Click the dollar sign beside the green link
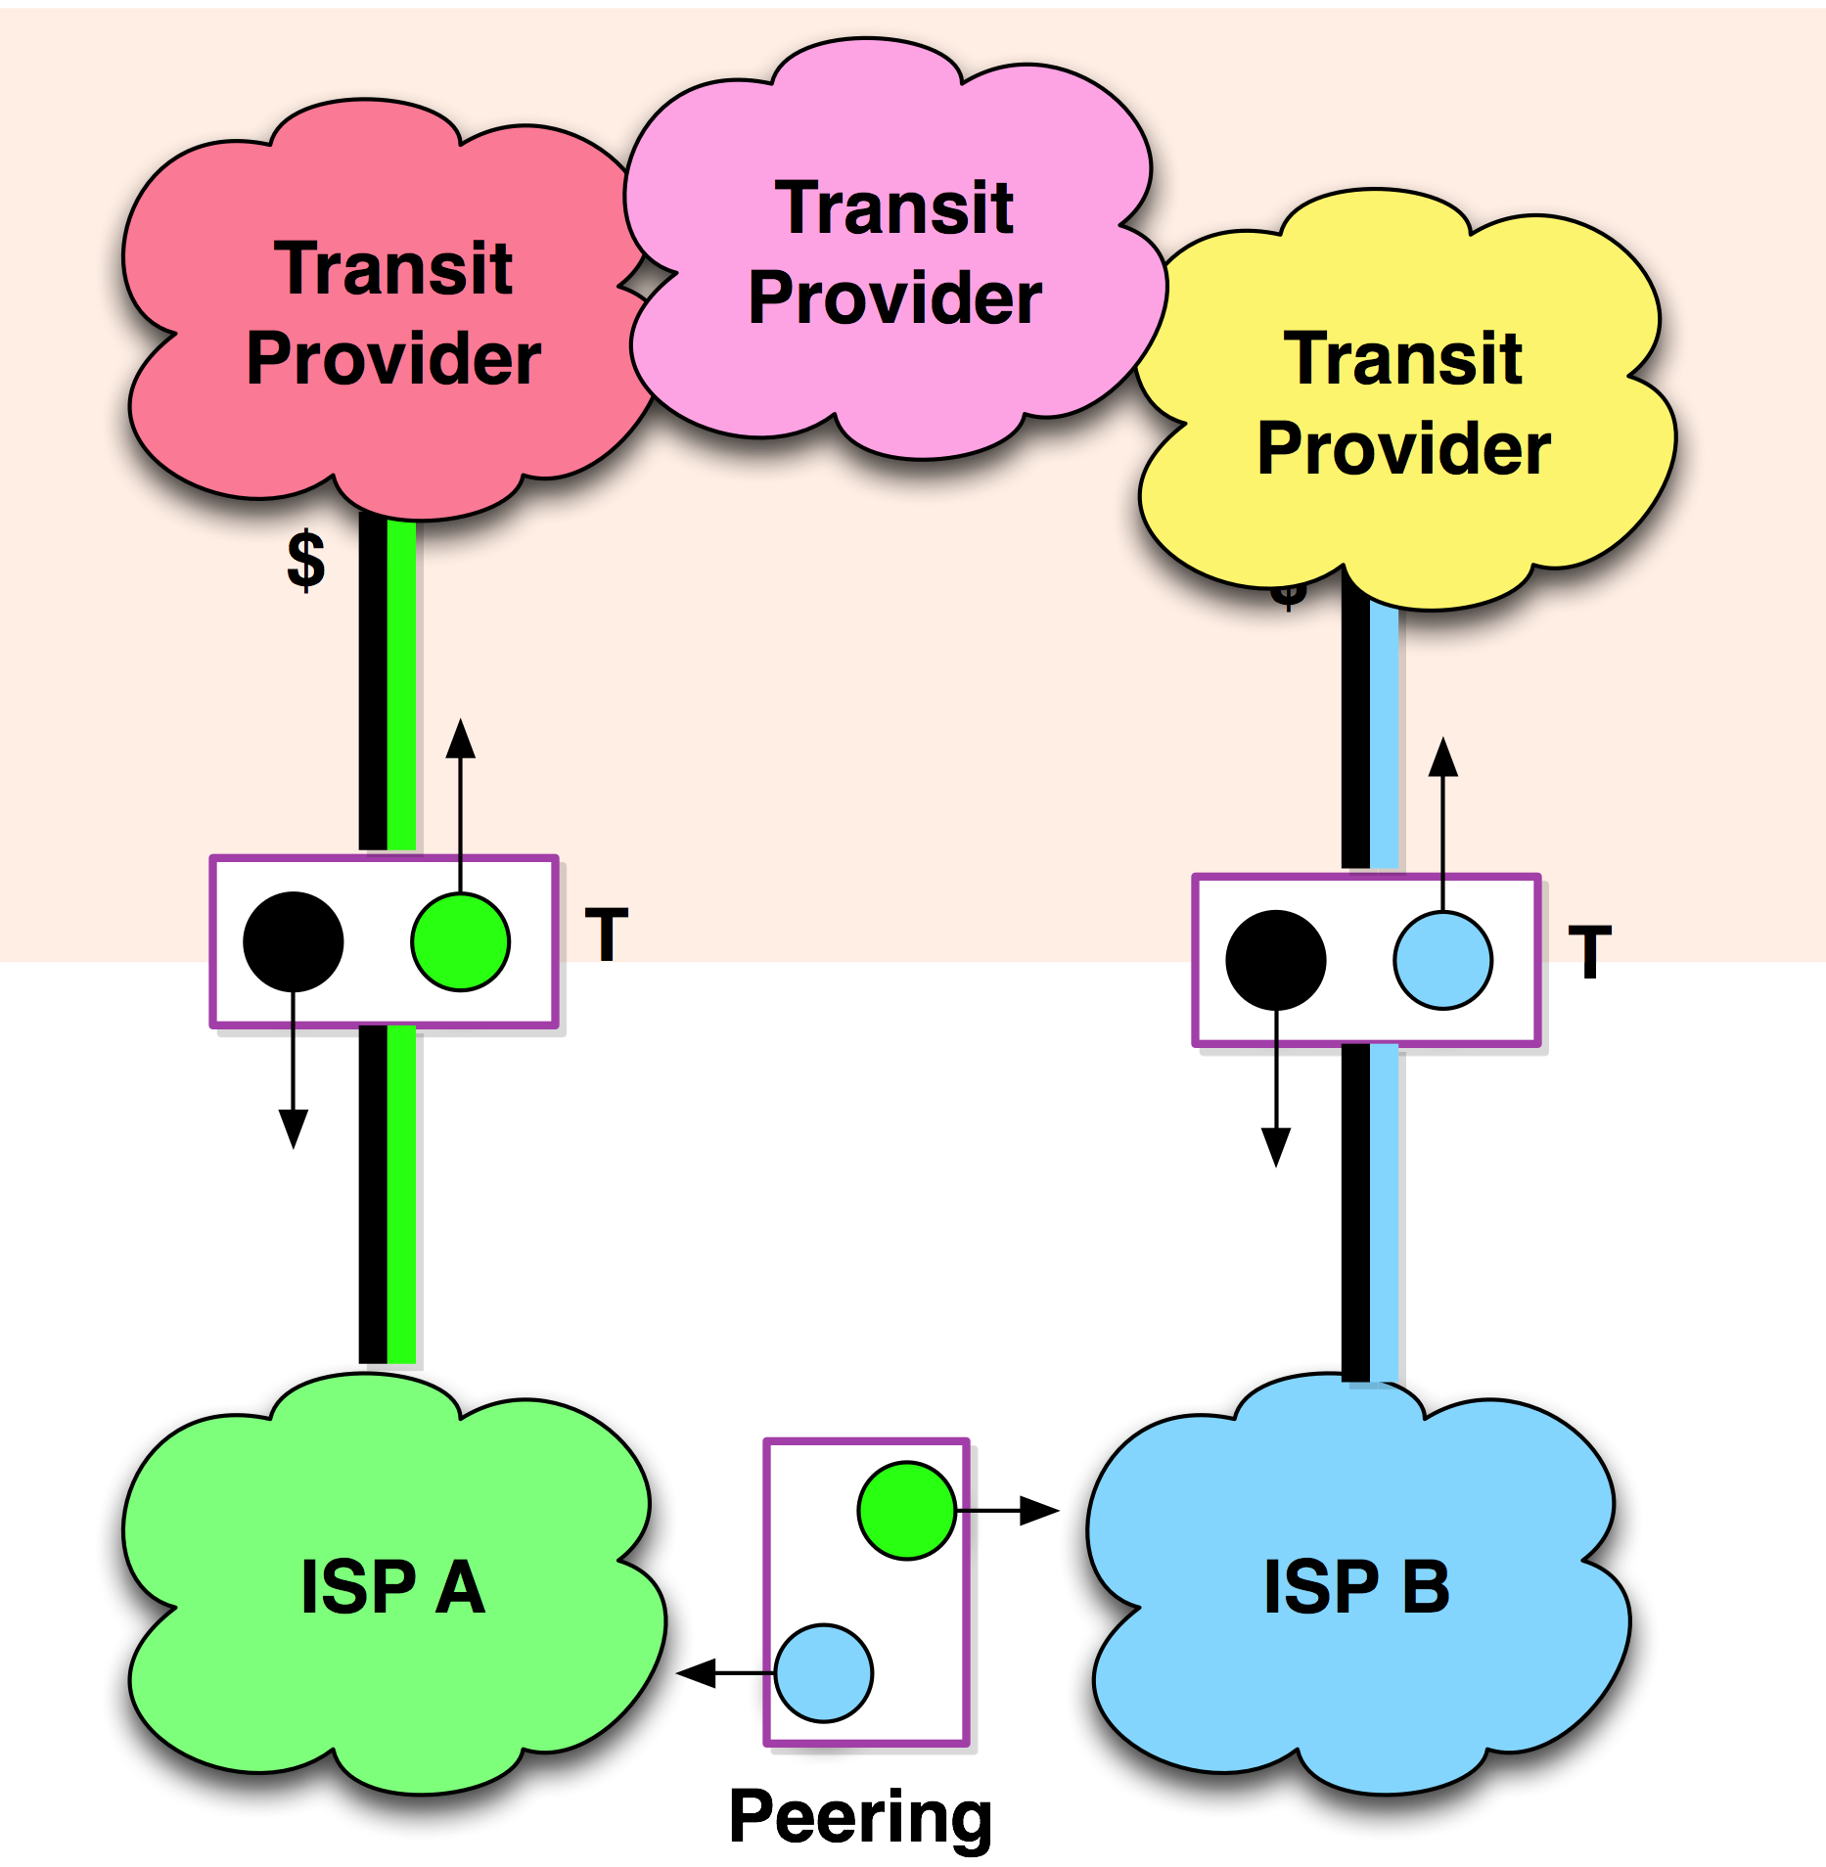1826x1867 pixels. point(305,560)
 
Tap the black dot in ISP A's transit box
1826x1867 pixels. point(293,941)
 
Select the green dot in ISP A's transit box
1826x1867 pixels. point(460,941)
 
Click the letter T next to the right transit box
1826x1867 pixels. point(1589,952)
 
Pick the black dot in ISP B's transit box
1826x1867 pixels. point(1275,960)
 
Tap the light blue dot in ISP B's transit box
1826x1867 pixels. point(1442,960)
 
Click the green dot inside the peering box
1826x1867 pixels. point(906,1510)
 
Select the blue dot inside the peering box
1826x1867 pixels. point(823,1673)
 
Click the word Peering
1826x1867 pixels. point(860,1816)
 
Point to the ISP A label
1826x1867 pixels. point(392,1587)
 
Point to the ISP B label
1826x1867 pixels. point(1356,1587)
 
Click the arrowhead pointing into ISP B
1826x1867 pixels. point(1039,1510)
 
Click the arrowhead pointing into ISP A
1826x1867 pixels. point(705,1673)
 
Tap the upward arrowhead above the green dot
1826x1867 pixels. point(460,740)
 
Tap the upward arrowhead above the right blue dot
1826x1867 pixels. point(1442,758)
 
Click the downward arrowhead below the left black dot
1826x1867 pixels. point(293,1127)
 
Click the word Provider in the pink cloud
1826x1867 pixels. point(894,298)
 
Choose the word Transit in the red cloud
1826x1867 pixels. point(392,268)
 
